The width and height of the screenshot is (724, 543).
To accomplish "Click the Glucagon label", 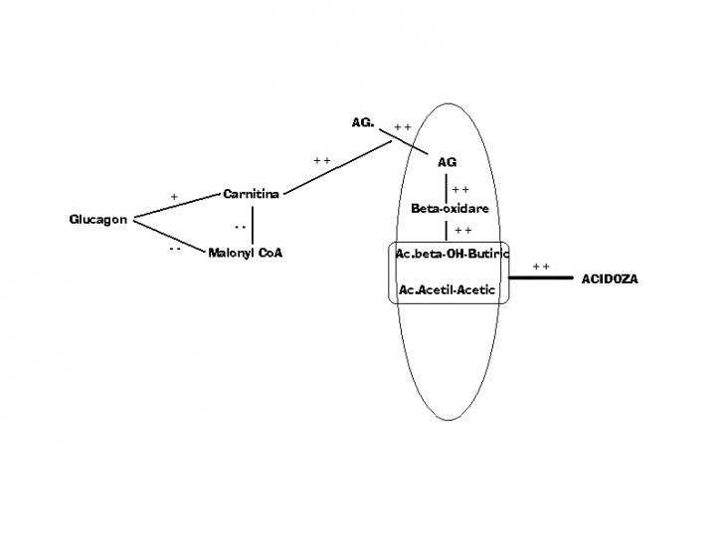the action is tap(98, 220).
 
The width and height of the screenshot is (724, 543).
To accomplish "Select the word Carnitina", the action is tap(252, 194).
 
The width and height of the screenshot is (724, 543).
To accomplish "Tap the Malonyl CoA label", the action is tap(246, 253).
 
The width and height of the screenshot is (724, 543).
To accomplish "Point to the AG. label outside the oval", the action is tap(363, 122).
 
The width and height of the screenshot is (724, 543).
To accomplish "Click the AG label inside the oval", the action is tap(447, 162).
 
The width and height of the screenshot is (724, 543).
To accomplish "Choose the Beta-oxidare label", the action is tap(450, 208).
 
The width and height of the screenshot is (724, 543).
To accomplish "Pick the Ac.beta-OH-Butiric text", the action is tap(452, 254).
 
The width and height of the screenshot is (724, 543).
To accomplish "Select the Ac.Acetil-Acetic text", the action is tap(447, 290).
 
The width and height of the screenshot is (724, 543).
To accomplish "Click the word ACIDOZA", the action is tap(610, 278).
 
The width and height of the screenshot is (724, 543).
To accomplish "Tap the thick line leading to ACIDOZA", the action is tap(541, 277).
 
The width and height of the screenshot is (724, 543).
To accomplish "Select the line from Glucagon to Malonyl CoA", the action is tap(169, 237).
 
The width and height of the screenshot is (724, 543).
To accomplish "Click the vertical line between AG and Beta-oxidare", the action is tap(446, 188).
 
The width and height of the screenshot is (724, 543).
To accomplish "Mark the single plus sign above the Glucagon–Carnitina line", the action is tap(174, 197).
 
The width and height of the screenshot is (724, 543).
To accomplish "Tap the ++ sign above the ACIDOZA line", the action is tap(541, 267).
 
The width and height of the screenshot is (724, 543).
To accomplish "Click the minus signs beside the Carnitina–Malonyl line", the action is tap(240, 227).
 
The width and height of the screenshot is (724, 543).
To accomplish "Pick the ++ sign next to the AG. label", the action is tap(403, 127).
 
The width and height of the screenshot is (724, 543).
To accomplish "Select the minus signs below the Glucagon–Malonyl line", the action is tap(175, 249).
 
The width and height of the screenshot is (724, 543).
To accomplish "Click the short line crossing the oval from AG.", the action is tap(404, 142).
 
